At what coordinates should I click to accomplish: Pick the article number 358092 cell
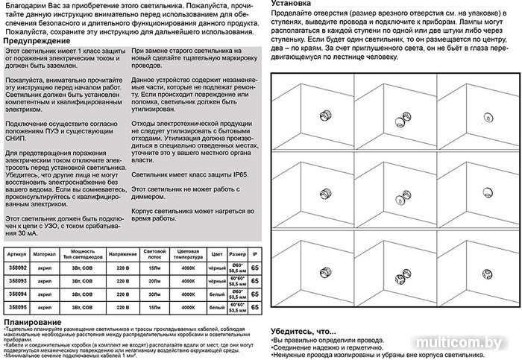[16, 268]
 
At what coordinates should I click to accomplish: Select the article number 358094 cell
[16, 294]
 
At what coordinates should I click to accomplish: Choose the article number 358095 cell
[16, 306]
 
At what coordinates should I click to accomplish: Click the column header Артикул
[16, 253]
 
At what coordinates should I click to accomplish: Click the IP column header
[255, 253]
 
